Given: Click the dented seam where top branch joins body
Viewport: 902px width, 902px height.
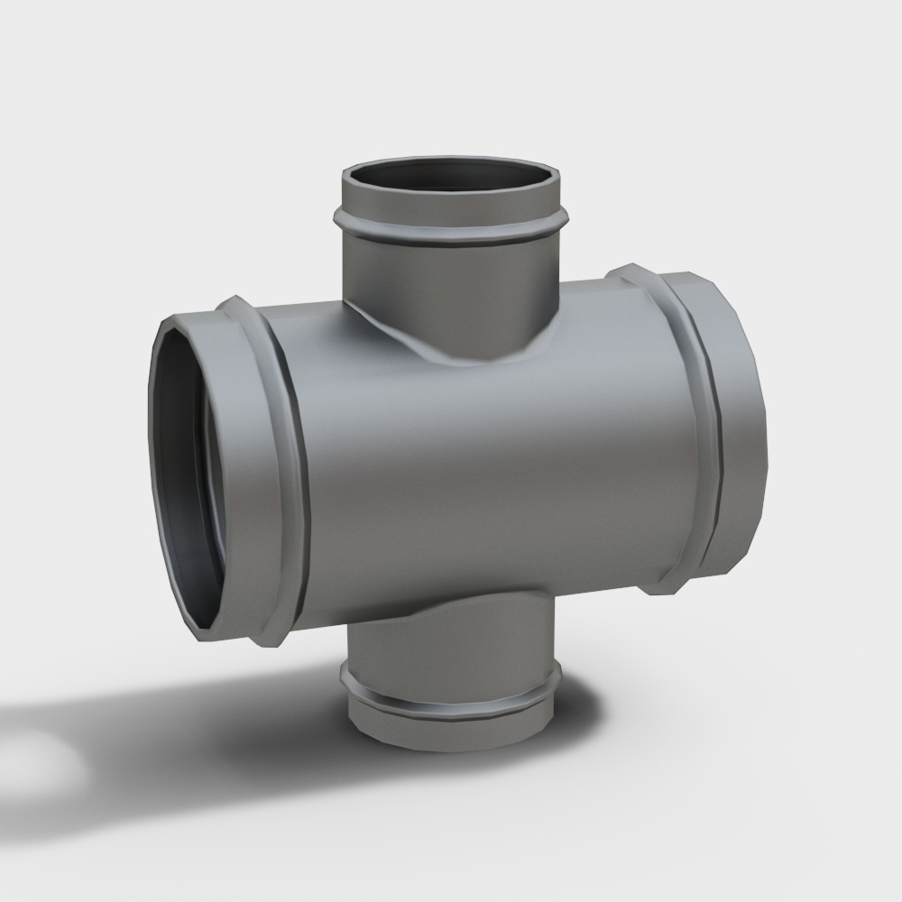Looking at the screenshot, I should (424, 347).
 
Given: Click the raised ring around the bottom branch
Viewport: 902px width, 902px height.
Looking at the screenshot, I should (451, 704).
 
